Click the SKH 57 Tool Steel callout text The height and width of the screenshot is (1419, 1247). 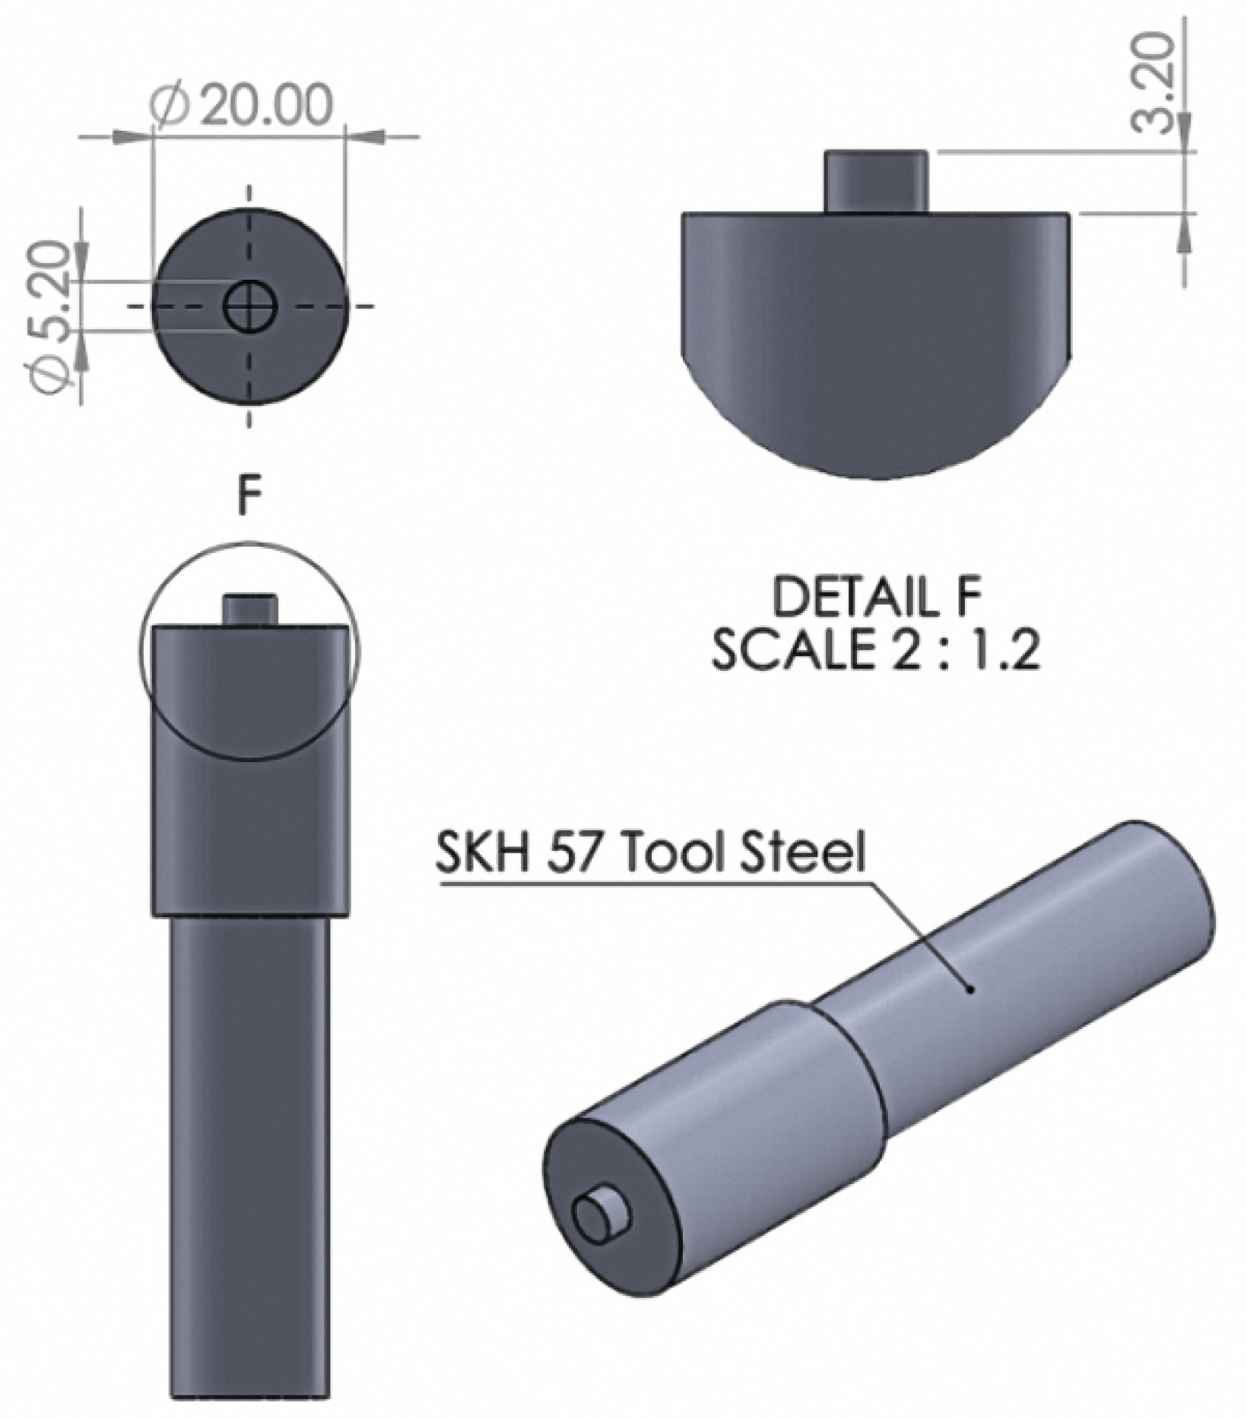coord(650,852)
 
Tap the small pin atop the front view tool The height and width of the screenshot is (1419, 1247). coord(249,608)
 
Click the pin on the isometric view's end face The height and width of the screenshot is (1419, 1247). coord(599,1215)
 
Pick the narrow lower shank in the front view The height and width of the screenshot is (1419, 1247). coord(249,1156)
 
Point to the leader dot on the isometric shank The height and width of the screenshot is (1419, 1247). coord(971,989)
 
